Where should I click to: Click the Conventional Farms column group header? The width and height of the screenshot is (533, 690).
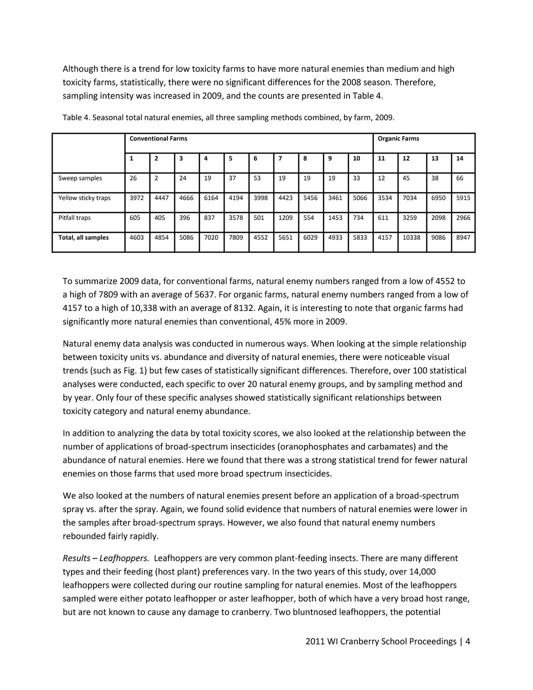pyautogui.click(x=158, y=138)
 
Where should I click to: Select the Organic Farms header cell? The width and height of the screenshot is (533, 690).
pyautogui.click(x=398, y=138)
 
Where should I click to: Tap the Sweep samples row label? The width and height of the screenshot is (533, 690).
pyautogui.click(x=80, y=178)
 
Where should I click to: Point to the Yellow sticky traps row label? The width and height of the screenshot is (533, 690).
pyautogui.click(x=84, y=197)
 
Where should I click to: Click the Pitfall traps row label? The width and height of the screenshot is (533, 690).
pyautogui.click(x=74, y=217)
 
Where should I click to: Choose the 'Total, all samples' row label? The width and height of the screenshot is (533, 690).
pyautogui.click(x=83, y=237)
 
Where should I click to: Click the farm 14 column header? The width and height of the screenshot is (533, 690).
pyautogui.click(x=459, y=158)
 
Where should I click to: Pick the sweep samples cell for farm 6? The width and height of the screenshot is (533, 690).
pyautogui.click(x=257, y=178)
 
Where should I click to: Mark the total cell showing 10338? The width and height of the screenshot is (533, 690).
pyautogui.click(x=411, y=237)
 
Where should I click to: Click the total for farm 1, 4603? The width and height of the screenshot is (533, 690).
pyautogui.click(x=136, y=237)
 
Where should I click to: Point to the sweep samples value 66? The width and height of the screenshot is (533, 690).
pyautogui.click(x=459, y=178)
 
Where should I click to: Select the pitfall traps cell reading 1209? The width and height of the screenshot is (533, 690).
pyautogui.click(x=285, y=217)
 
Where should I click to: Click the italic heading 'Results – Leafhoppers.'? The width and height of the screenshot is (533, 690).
pyautogui.click(x=106, y=558)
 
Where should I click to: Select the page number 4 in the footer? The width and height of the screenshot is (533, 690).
pyautogui.click(x=467, y=641)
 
